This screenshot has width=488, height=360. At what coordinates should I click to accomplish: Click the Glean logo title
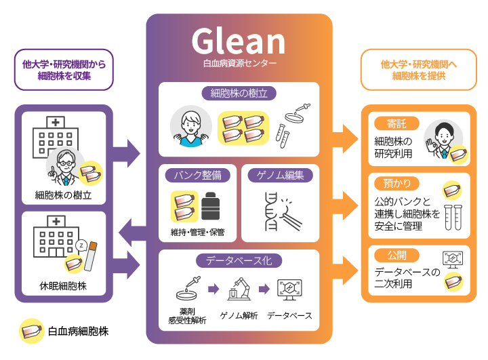(239, 41)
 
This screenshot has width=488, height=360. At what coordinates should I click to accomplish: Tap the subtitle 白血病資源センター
(239, 65)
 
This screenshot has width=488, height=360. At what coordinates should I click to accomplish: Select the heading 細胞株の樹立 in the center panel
(239, 93)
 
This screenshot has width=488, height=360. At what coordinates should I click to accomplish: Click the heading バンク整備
(197, 175)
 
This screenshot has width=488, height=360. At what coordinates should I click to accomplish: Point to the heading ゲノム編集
(280, 175)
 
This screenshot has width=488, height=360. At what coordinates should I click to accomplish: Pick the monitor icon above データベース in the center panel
(289, 290)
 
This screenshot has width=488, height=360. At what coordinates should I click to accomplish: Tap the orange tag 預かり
(396, 183)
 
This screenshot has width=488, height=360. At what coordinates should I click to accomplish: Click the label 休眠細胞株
(62, 286)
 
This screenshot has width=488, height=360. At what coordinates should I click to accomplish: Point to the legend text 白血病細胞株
(78, 332)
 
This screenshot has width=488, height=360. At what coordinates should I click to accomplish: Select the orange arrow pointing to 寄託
(346, 139)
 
